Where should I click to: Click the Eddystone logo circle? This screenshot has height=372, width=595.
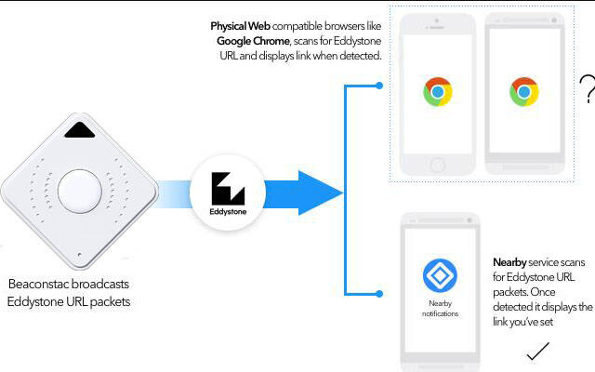pyautogui.click(x=227, y=193)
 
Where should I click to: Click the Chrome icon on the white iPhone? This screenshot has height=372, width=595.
pyautogui.click(x=438, y=93)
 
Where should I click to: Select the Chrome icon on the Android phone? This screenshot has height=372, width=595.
pyautogui.click(x=524, y=92)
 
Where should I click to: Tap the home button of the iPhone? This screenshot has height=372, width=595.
pyautogui.click(x=438, y=165)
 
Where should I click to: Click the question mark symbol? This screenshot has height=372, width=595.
pyautogui.click(x=586, y=89)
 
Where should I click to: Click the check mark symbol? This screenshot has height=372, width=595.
pyautogui.click(x=538, y=352)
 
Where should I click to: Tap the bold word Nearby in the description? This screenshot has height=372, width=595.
pyautogui.click(x=509, y=263)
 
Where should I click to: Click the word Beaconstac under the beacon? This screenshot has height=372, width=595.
pyautogui.click(x=42, y=283)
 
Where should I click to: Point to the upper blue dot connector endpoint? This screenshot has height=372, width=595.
pyautogui.click(x=380, y=86)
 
